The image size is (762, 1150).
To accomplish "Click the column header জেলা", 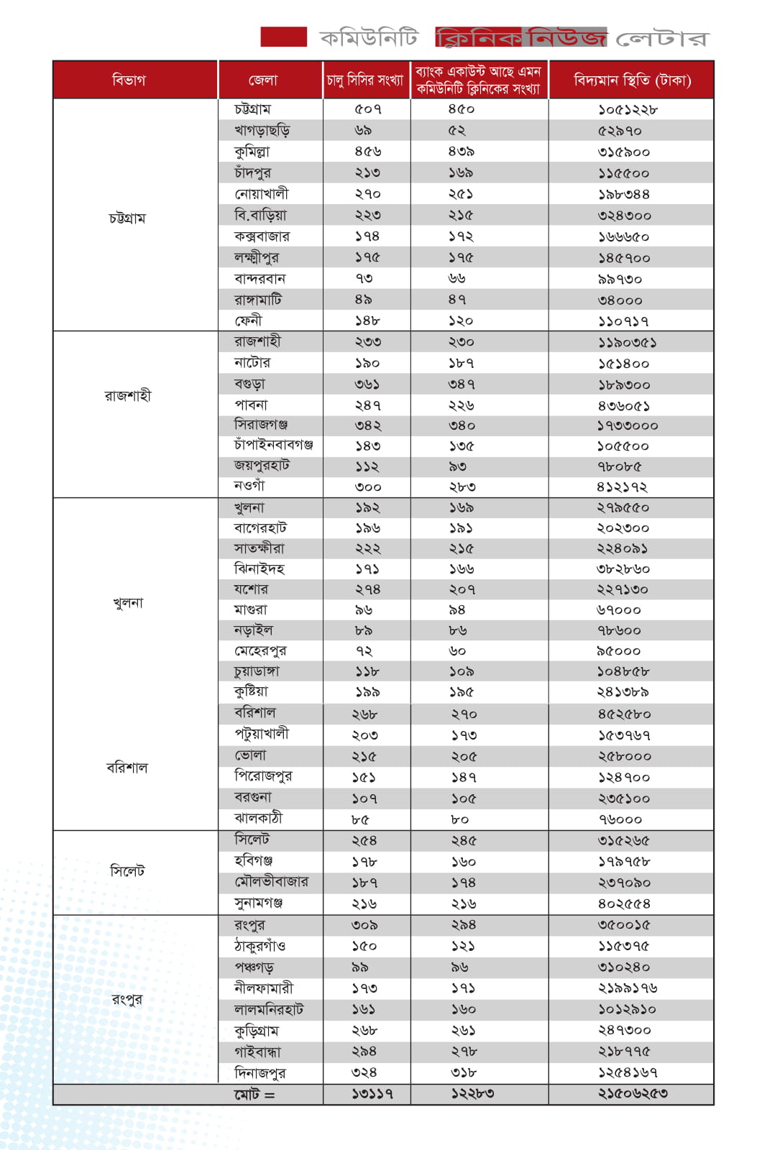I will click(x=262, y=80).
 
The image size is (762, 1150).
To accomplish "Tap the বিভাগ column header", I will click(x=129, y=80).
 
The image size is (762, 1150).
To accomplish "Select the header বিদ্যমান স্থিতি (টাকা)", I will click(x=632, y=80).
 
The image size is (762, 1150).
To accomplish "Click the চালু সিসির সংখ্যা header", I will click(x=365, y=80).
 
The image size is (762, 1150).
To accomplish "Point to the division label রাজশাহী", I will click(x=128, y=395).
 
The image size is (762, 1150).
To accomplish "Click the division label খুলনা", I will click(x=128, y=602).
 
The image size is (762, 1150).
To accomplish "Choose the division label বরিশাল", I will click(x=127, y=767).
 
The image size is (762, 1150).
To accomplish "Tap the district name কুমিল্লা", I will click(x=252, y=152).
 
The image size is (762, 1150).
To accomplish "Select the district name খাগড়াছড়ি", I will click(x=262, y=130).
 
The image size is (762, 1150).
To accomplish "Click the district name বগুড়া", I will click(x=249, y=384).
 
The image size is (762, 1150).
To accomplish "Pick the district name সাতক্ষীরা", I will click(x=259, y=548).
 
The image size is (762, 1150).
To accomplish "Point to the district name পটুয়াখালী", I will click(x=261, y=734).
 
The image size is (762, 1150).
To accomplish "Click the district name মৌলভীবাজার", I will click(x=271, y=882).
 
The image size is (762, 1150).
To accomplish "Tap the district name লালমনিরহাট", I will click(x=268, y=1009).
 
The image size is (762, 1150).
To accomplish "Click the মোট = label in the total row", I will click(x=254, y=1095).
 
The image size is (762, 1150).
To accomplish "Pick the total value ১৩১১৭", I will click(x=372, y=1094).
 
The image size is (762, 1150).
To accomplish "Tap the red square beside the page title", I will click(x=283, y=37).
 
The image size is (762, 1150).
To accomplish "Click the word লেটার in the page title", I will click(x=662, y=38).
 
